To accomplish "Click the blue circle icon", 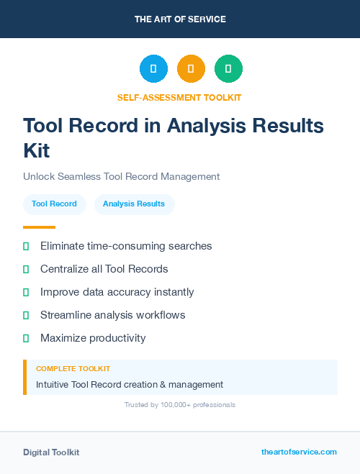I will (153, 69).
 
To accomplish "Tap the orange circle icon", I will (191, 69).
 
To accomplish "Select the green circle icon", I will (228, 69).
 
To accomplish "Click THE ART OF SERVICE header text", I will (180, 19).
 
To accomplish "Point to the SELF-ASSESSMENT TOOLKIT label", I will (179, 97).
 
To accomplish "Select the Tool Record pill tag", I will (55, 204).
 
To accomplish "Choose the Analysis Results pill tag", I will (134, 204).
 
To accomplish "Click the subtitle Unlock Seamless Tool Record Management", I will (121, 176).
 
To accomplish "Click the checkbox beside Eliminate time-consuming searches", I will (26, 246).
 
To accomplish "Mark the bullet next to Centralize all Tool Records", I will (26, 269).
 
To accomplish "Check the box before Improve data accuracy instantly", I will (26, 292).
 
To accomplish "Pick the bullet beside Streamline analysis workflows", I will (26, 315).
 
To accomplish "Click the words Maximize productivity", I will (93, 338).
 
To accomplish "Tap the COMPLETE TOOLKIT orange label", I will (73, 369).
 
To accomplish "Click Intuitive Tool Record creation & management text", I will (130, 384).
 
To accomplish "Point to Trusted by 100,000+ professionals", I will (180, 405).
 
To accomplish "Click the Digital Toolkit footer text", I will (51, 452).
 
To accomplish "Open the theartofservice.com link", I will (299, 452).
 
